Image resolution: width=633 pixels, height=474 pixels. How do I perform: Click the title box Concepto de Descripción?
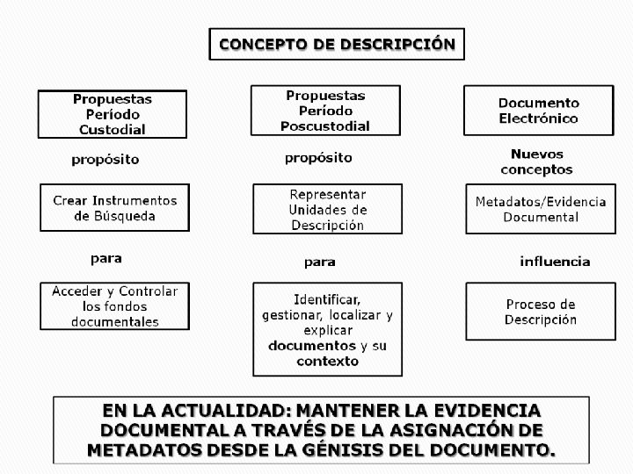tap(337, 44)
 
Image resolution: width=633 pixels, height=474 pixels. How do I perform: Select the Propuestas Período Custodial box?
tap(112, 114)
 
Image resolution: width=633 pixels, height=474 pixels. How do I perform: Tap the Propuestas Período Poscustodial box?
tap(325, 111)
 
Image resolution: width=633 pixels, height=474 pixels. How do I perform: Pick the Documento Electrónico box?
tap(538, 111)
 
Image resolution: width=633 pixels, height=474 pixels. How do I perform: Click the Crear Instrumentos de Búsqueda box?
tap(115, 208)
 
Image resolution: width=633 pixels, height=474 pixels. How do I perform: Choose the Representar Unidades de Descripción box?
tap(327, 209)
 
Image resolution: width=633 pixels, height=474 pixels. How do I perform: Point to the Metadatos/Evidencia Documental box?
tap(540, 209)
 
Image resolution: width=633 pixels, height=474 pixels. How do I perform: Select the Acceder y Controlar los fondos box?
tap(115, 305)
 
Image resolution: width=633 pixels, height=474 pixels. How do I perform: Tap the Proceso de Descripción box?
tap(540, 311)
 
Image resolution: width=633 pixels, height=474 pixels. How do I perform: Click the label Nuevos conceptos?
tap(536, 162)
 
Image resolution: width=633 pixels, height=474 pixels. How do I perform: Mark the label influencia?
tap(555, 262)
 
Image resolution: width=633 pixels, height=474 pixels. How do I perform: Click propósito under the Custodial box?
tap(105, 160)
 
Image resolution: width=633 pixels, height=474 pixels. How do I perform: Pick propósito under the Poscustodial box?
tap(318, 158)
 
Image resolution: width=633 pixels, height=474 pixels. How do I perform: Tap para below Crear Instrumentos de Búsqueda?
tap(106, 259)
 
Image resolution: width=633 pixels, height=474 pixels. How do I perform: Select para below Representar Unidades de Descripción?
tap(319, 262)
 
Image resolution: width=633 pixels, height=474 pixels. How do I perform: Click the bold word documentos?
tap(312, 346)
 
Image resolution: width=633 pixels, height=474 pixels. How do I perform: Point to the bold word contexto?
tap(327, 361)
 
